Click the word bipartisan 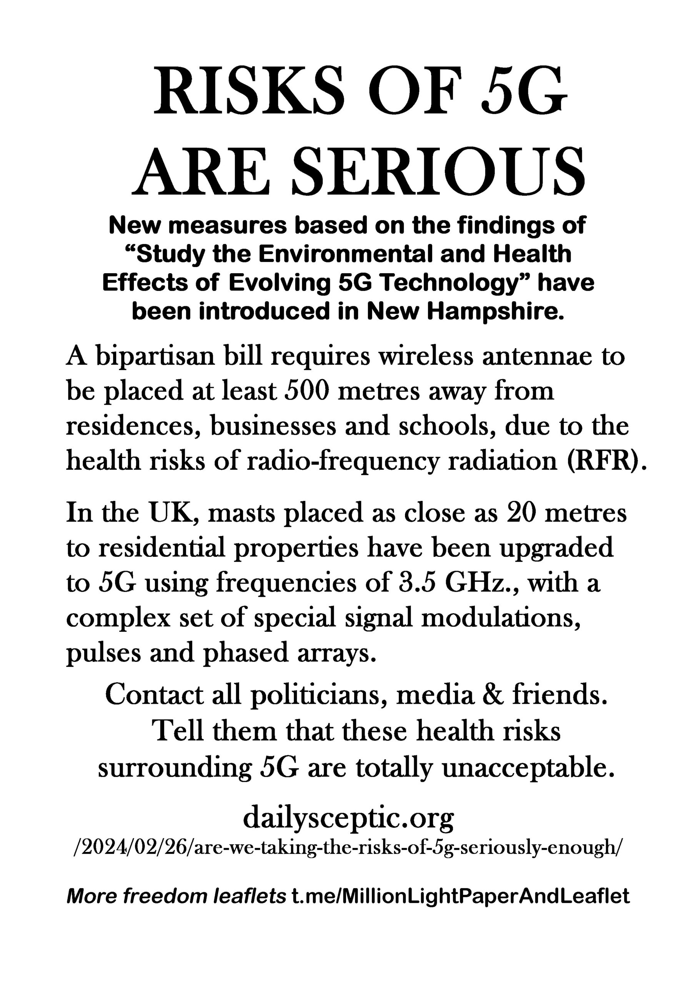click(x=155, y=357)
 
